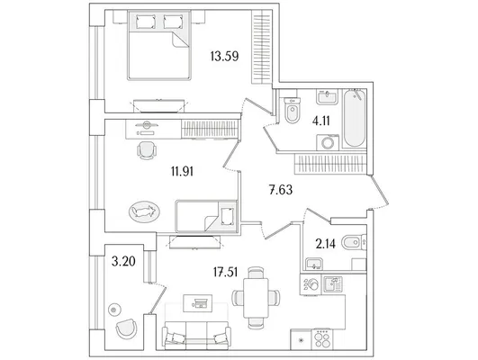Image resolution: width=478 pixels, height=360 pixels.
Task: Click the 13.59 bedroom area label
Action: click(224, 56)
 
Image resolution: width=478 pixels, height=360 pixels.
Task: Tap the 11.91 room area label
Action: click(183, 171)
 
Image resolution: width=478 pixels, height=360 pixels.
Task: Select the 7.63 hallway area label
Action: click(281, 190)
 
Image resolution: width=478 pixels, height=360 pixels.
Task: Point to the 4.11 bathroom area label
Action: click(321, 121)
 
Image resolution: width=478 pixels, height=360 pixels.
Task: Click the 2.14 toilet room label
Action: click(326, 244)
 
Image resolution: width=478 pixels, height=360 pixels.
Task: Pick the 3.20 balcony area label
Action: click(123, 261)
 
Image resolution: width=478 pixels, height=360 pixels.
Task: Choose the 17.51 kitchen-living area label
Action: click(226, 272)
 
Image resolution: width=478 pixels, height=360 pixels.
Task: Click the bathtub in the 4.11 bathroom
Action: click(354, 118)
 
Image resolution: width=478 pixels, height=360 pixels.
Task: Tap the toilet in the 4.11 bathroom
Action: click(293, 111)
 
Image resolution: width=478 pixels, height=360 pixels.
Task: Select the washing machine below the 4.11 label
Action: click(328, 142)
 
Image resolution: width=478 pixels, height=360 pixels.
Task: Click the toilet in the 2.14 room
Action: click(354, 243)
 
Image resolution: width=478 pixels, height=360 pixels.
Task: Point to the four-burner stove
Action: click(322, 339)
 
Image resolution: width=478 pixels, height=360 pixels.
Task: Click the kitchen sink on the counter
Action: click(333, 284)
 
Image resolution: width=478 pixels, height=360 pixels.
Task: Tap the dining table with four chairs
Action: click(256, 298)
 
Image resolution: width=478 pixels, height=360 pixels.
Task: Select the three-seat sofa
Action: click(196, 335)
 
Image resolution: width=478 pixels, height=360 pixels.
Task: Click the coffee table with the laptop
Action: click(197, 303)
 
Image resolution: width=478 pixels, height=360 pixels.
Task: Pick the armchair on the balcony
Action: click(127, 328)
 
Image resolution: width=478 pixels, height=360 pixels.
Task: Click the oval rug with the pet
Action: click(145, 211)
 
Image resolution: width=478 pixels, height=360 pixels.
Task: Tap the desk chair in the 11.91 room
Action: click(147, 150)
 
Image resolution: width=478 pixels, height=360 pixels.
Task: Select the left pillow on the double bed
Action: click(146, 22)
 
